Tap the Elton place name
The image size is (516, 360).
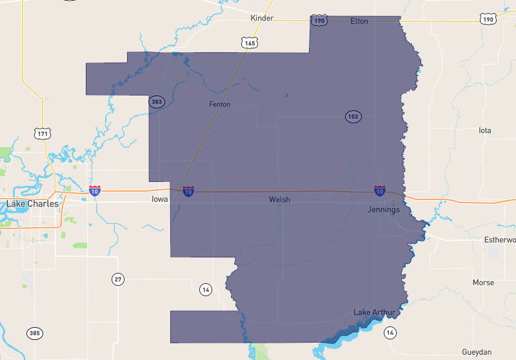click(359, 21)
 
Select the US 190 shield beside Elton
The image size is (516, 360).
click(319, 21)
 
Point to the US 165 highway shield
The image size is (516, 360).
click(250, 43)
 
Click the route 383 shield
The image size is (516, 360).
click(157, 102)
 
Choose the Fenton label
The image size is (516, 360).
click(219, 105)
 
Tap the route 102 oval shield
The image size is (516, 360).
click(353, 117)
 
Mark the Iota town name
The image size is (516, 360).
click(484, 130)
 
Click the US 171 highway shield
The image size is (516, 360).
click(43, 134)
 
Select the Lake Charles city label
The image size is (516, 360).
click(32, 204)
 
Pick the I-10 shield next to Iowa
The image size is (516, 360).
click(188, 192)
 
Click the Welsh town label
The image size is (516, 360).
click(279, 200)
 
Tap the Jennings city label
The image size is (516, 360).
click(383, 210)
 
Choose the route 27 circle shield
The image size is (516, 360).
click(117, 279)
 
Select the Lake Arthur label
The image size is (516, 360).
click(374, 313)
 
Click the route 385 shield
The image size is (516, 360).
click(35, 334)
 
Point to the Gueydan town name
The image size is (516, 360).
click(477, 352)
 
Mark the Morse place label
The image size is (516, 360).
click(483, 283)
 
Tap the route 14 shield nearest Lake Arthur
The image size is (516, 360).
click(390, 332)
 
